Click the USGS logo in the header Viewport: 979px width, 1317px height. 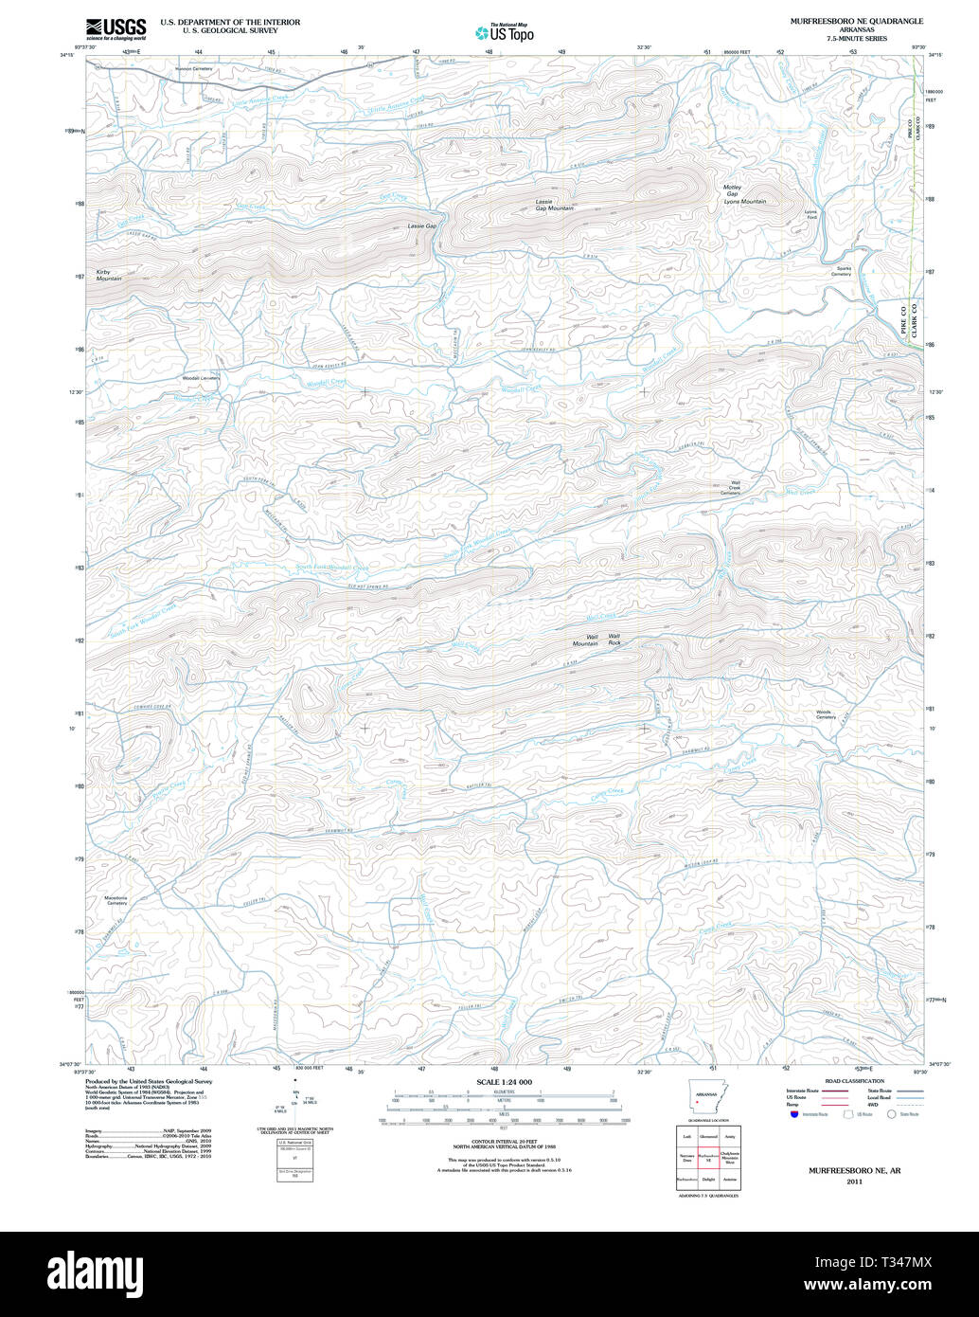pos(116,28)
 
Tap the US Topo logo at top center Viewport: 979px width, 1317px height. pos(505,32)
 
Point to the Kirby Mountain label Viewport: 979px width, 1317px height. pos(109,276)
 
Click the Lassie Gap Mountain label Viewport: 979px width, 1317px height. pos(554,205)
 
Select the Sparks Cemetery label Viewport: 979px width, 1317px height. pos(841,271)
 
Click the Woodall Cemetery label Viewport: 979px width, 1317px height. pos(201,378)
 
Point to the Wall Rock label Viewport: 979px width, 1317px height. pos(614,640)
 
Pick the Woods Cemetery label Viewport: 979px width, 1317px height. pos(826,714)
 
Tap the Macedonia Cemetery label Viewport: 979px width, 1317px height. pos(116,900)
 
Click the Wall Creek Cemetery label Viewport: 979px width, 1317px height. pos(730,489)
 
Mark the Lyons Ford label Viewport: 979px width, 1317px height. pos(810,214)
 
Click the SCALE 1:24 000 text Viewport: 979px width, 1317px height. pos(504,1082)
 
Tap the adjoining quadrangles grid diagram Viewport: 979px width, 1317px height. pos(707,1158)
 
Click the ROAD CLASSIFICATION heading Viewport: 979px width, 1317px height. pos(854,1081)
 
